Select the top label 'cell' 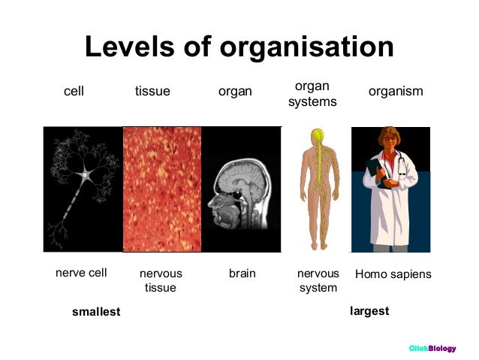click(74, 92)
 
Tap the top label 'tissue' click(152, 92)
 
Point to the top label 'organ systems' click(312, 93)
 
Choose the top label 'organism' click(396, 92)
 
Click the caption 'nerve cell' click(81, 274)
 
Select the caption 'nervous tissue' click(161, 280)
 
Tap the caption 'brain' click(243, 274)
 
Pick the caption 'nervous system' click(318, 280)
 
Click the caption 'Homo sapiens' click(393, 274)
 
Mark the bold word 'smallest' click(96, 311)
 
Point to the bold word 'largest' click(369, 310)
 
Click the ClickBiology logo click(432, 348)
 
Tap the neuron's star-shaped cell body click(86, 175)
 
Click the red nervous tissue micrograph click(162, 189)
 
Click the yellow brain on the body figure click(318, 136)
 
